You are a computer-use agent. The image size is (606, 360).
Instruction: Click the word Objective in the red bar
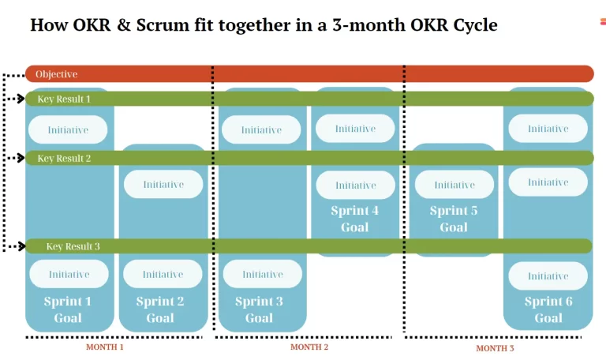point(57,74)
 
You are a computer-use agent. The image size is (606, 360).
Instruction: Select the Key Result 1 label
point(64,99)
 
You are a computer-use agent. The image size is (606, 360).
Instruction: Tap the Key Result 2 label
point(64,158)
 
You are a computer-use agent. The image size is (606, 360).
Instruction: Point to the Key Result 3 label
point(73,246)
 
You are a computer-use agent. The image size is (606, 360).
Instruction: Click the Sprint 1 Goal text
point(68,309)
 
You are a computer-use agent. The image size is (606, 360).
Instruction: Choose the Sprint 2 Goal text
point(160,309)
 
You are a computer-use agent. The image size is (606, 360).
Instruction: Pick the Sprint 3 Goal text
point(259,309)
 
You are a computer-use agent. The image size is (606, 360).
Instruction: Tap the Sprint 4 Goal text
point(355,219)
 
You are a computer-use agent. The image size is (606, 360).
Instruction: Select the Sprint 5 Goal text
point(454,219)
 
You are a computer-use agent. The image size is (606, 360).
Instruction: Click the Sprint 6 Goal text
point(548,309)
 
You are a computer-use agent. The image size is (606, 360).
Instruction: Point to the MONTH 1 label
point(105,347)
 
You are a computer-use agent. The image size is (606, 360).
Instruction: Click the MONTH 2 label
point(309,347)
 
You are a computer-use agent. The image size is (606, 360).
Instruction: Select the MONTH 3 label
point(495,348)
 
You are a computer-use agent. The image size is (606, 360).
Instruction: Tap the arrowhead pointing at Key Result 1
point(21,99)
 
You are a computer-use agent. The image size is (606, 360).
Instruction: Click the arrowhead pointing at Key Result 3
point(21,246)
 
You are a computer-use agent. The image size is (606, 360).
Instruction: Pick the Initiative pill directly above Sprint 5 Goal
point(454,185)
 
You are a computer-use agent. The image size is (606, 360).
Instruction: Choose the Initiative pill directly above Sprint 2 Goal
point(163,274)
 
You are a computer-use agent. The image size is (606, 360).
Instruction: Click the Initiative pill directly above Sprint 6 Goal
point(548,276)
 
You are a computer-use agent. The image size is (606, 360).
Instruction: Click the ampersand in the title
point(124,25)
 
